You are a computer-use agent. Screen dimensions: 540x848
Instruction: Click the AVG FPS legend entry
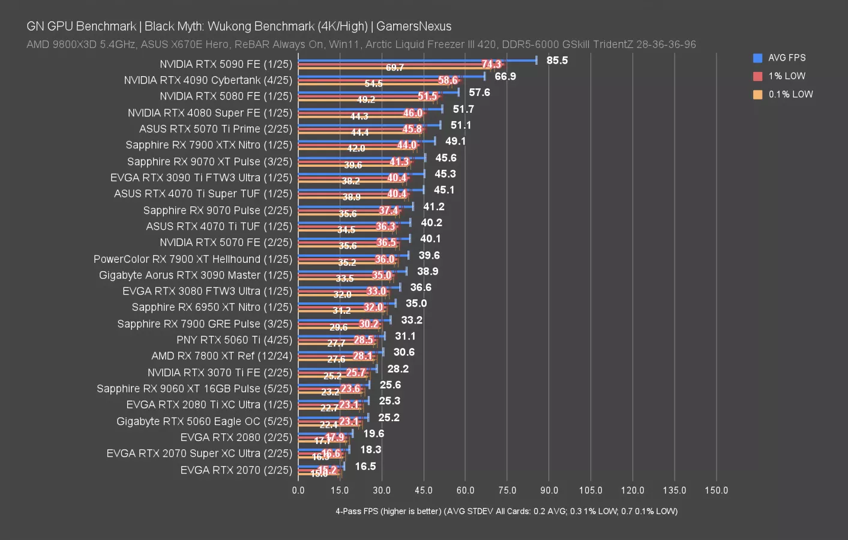(786, 58)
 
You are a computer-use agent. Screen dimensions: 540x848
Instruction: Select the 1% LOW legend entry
(786, 76)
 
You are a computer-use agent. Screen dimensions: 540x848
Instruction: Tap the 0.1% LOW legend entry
(790, 94)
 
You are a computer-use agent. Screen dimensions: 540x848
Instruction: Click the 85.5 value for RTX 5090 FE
(557, 60)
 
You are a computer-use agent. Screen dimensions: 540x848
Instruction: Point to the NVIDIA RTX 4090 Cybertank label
(208, 80)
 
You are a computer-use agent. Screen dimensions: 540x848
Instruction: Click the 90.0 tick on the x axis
(549, 490)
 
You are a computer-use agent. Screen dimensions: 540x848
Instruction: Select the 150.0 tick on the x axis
(716, 490)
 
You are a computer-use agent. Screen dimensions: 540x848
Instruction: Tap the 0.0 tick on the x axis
(298, 490)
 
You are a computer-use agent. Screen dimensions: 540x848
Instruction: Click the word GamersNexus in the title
(413, 26)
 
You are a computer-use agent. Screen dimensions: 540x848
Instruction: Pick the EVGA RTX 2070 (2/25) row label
(236, 470)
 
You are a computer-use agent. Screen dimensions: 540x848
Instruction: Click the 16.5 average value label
(365, 466)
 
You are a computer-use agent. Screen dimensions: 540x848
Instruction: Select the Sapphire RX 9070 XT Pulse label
(209, 161)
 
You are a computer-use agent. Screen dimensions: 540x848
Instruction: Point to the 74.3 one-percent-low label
(491, 64)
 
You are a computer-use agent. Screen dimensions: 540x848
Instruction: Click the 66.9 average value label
(505, 76)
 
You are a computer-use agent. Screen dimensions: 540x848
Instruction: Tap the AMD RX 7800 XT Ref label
(221, 356)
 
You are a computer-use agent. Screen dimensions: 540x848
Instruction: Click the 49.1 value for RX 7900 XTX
(456, 141)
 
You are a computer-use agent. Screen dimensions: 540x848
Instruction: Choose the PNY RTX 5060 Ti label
(234, 340)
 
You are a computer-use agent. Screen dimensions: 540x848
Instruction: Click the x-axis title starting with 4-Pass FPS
(506, 511)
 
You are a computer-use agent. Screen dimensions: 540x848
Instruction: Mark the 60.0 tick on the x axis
(465, 490)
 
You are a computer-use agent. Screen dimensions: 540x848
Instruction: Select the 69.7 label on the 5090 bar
(394, 68)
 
